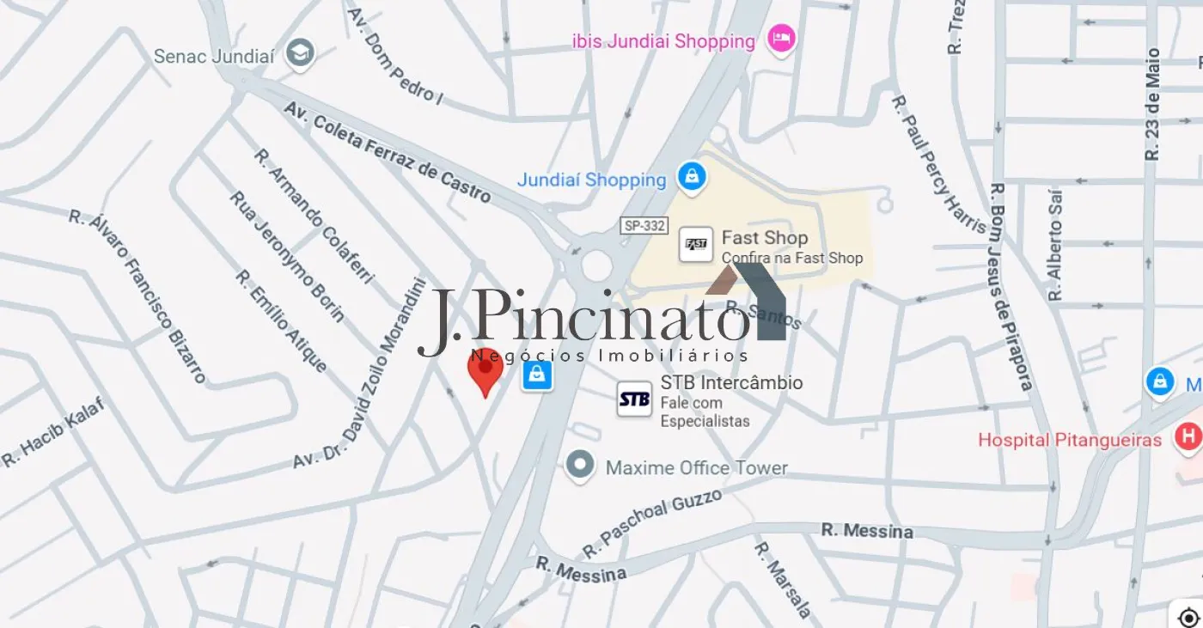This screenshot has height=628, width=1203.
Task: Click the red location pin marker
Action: click(485, 370)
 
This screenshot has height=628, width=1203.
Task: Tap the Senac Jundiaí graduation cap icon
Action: click(301, 54)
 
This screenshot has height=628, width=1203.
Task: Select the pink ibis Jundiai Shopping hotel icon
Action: click(781, 39)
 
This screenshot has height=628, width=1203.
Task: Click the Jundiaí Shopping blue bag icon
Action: click(691, 177)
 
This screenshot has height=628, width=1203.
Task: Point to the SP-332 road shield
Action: click(644, 225)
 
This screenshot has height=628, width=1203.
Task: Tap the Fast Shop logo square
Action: click(695, 245)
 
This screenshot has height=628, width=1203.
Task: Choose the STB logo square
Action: click(634, 399)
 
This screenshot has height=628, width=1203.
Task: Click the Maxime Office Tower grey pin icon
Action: click(580, 466)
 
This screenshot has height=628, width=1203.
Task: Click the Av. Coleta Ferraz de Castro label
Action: click(388, 153)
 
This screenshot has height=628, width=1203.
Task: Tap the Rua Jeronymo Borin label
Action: click(287, 256)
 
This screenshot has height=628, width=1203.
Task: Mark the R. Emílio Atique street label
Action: click(281, 321)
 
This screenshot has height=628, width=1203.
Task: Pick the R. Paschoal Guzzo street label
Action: click(651, 523)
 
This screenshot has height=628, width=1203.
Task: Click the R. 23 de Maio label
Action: click(1152, 105)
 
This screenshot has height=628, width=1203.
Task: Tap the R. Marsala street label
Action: click(783, 579)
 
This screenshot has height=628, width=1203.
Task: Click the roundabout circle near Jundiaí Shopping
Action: click(596, 265)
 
